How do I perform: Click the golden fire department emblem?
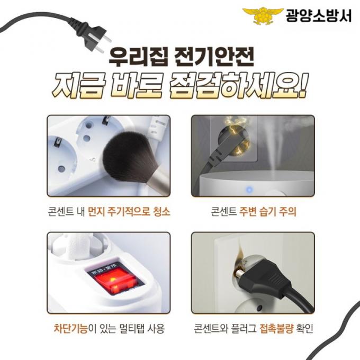tap(263, 15)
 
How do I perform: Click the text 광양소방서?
tap(319, 15)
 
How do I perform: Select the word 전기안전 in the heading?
tap(214, 57)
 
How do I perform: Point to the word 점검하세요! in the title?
tap(238, 86)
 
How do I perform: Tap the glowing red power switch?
tap(115, 282)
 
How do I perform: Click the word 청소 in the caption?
tap(161, 211)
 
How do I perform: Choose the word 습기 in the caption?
tap(267, 211)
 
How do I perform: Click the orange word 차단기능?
tap(71, 328)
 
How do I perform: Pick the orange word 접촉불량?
tap(276, 328)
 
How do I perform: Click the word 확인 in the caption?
tap(305, 328)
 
